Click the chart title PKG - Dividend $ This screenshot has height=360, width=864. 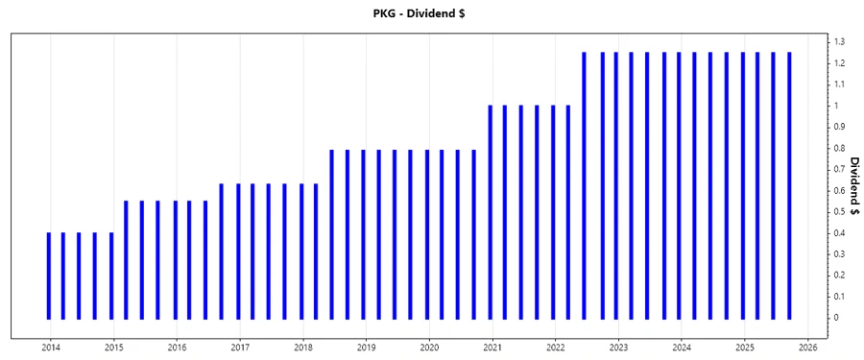(432, 12)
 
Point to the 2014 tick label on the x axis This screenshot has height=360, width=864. (51, 347)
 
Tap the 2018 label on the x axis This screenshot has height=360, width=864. (303, 347)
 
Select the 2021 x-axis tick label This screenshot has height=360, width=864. (492, 347)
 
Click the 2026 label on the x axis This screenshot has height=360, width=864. (807, 347)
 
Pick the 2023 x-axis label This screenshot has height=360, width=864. (618, 347)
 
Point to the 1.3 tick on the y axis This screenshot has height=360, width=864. (839, 42)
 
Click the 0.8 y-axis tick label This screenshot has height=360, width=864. (839, 148)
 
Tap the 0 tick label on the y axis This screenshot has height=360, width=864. (837, 318)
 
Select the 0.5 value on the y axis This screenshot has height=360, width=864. (839, 211)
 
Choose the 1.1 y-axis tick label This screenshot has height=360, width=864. (839, 84)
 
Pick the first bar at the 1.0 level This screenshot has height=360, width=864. (490, 211)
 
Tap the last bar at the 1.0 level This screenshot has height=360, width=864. (568, 211)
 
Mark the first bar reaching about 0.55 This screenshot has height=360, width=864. (126, 259)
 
